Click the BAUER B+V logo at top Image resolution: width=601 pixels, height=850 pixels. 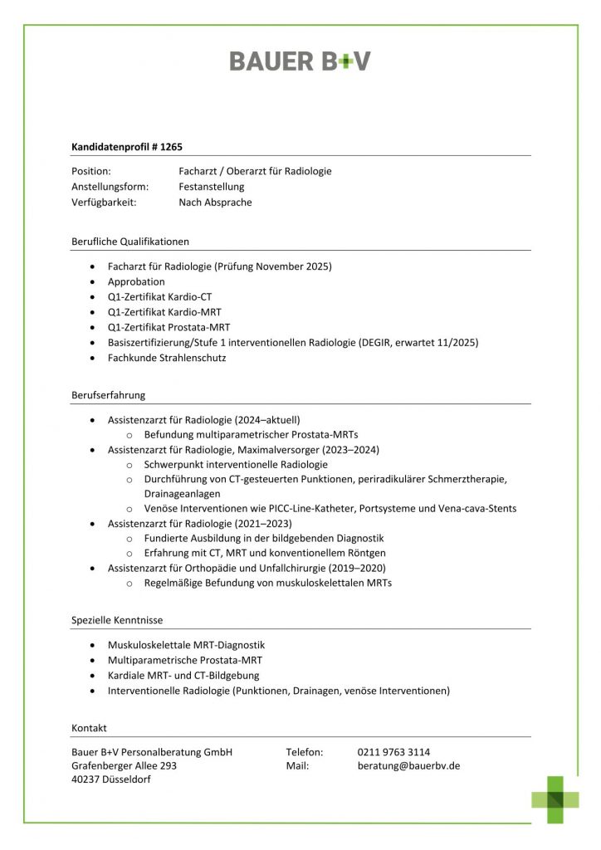pos(300,61)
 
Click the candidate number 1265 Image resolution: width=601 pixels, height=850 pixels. pos(171,145)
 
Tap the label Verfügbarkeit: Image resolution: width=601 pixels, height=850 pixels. pos(104,203)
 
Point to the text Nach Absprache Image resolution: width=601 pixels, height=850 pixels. pos(215,203)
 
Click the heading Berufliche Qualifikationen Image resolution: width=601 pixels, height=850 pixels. pos(130,242)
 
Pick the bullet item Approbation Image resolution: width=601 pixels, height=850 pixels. pos(136,282)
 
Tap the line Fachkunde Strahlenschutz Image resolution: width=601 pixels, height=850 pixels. pos(167,358)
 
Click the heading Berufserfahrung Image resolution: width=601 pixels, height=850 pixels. pos(108,395)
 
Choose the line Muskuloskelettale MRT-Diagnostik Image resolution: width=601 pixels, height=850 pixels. pos(186,645)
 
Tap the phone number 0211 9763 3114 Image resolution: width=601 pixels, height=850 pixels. pos(393,752)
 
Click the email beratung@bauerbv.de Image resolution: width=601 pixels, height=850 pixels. pos(408,766)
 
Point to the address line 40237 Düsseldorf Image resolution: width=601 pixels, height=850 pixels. pos(111,780)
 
